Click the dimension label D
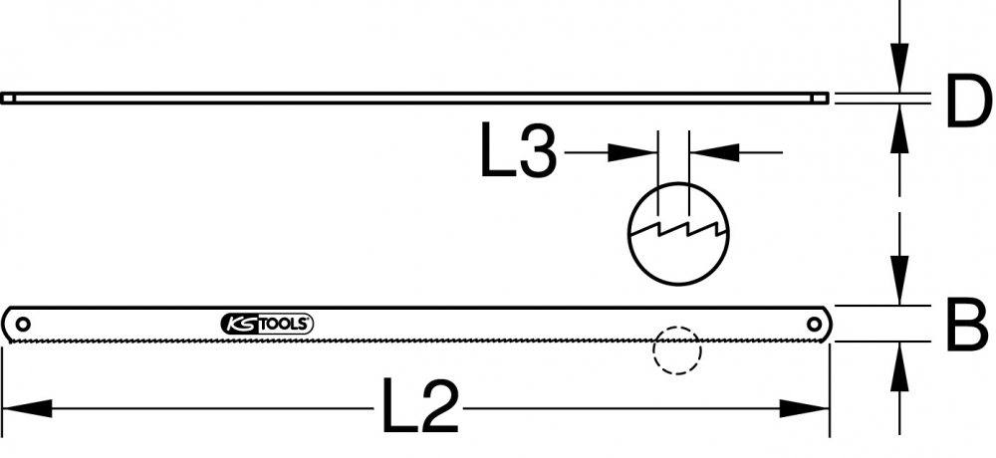(x=968, y=100)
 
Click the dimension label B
(x=968, y=324)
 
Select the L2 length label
(x=419, y=407)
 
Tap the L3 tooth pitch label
(x=518, y=150)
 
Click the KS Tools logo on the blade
(x=267, y=324)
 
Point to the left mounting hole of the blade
(x=23, y=324)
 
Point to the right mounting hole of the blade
(x=814, y=324)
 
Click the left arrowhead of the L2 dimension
(x=27, y=408)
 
